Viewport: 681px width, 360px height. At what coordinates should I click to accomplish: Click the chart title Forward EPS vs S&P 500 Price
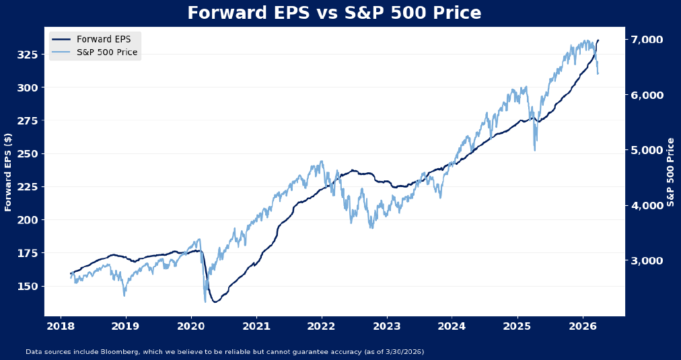tap(334, 13)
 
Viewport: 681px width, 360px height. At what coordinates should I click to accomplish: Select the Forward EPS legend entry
tap(104, 40)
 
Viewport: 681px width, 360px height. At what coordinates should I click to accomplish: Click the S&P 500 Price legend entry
tap(107, 52)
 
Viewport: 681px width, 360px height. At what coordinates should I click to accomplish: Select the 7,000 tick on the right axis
tap(647, 40)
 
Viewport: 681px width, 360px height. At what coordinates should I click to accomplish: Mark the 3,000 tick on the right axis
tap(647, 260)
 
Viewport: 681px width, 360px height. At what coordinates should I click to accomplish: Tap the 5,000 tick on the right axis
tap(647, 150)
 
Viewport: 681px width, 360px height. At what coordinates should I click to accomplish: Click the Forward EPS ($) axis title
tap(9, 172)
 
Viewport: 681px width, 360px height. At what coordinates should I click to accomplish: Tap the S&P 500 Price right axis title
tap(671, 172)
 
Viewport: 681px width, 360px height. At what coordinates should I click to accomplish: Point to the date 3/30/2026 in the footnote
tap(402, 352)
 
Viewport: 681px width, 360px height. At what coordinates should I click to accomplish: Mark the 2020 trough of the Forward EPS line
tap(215, 301)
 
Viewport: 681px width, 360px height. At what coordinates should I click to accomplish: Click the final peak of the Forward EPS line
tap(598, 40)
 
